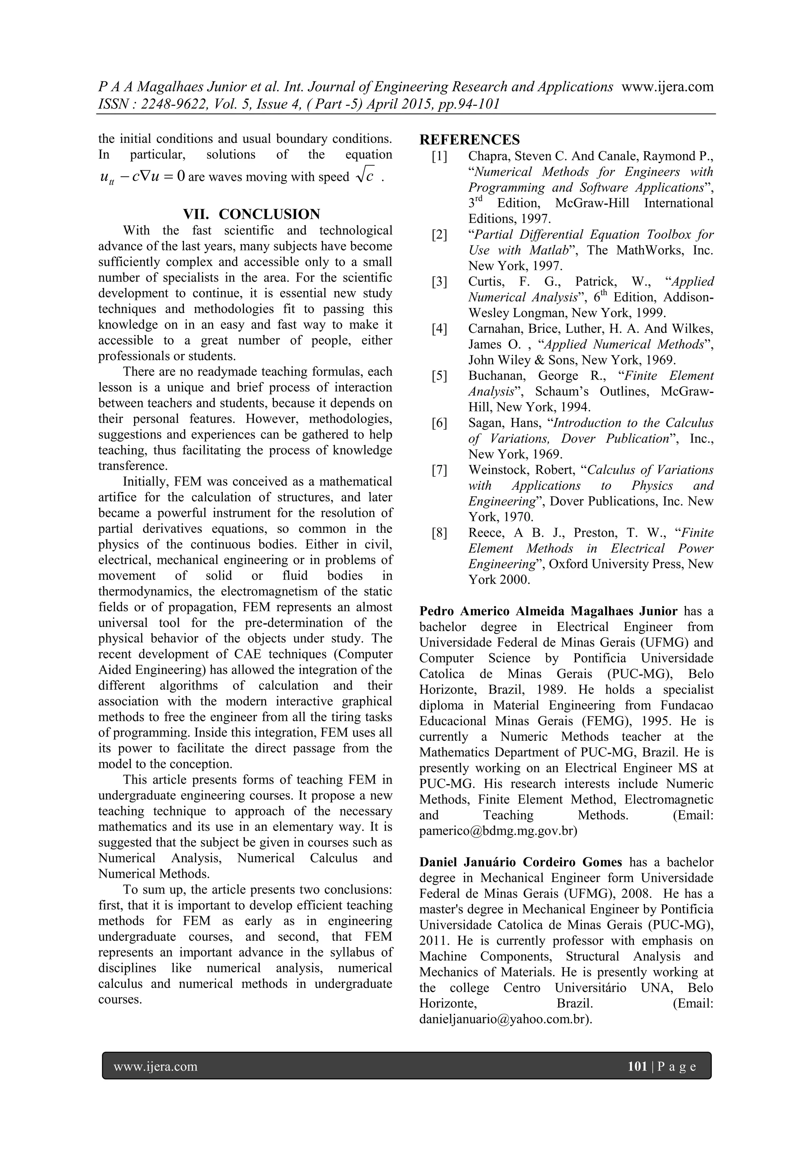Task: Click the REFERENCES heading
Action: click(469, 140)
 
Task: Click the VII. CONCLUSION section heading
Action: click(251, 214)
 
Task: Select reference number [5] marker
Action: click(439, 376)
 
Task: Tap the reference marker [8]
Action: click(439, 533)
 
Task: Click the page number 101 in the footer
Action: click(637, 1067)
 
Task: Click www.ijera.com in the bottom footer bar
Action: click(155, 1067)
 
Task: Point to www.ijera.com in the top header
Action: click(667, 86)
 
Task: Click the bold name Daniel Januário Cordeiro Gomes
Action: click(520, 862)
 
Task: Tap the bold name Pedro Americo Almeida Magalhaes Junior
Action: click(548, 611)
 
